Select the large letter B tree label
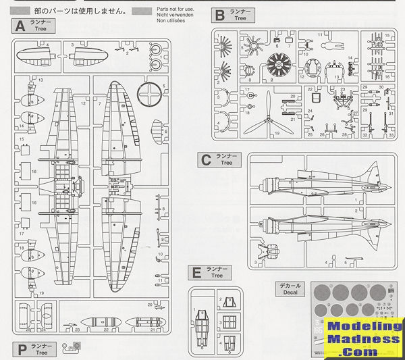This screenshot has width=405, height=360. point(219,15)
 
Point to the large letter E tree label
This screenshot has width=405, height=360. point(196,272)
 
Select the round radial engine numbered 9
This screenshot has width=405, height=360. point(277,66)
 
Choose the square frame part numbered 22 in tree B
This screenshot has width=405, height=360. point(312,99)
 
